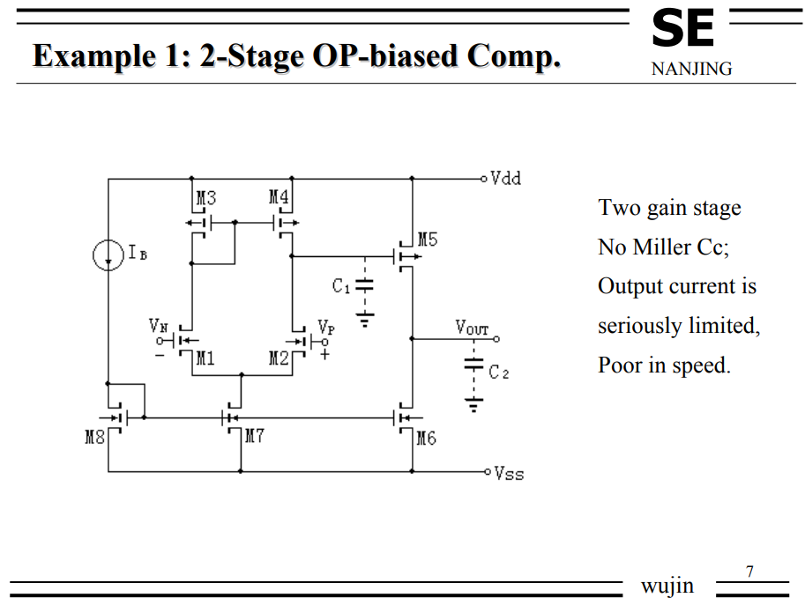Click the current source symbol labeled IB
click(108, 255)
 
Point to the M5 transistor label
click(428, 239)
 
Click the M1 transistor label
click(205, 358)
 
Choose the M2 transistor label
click(279, 358)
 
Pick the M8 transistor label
click(94, 437)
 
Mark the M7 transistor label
click(254, 437)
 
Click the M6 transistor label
click(426, 438)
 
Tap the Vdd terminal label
click(506, 179)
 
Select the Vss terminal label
click(509, 474)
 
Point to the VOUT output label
click(472, 328)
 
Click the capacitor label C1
click(341, 286)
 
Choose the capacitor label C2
click(499, 373)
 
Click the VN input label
click(158, 326)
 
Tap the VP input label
click(326, 326)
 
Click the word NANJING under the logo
click(691, 69)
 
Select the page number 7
click(749, 572)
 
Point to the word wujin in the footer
click(667, 586)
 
